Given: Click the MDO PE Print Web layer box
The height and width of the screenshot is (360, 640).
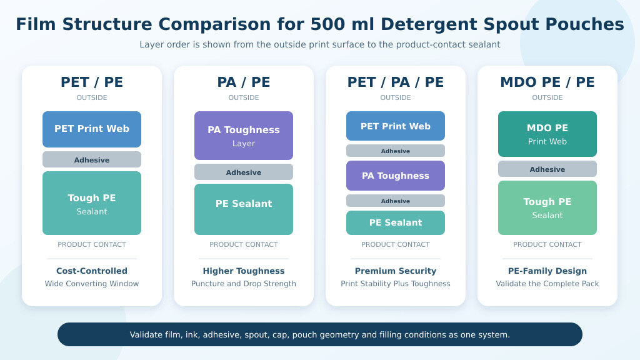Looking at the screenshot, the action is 547,134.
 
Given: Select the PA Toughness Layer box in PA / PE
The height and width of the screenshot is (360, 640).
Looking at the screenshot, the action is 244,136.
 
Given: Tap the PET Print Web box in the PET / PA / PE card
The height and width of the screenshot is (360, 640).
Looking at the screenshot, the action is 396,126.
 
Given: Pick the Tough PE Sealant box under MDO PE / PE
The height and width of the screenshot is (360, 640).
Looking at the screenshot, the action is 547,207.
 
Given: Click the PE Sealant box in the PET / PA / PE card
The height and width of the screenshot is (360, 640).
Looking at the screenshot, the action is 396,223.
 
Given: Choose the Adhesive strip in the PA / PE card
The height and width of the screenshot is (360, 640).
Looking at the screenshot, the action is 244,172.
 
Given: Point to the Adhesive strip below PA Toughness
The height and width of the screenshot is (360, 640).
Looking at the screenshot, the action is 396,201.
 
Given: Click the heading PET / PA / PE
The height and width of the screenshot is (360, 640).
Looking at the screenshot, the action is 396,82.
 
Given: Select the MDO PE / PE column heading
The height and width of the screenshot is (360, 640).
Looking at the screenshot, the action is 547,82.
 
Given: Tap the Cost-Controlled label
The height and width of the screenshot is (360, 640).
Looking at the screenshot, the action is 92,271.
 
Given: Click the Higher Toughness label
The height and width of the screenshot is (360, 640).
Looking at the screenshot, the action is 244,271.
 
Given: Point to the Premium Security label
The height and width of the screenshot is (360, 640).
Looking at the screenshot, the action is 396,271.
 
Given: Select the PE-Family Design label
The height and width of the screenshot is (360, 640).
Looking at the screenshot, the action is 547,271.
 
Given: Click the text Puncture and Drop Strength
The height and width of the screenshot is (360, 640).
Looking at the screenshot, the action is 244,284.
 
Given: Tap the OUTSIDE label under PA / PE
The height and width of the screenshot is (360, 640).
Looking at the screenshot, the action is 244,97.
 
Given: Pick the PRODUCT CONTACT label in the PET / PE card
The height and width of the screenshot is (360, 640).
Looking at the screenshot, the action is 92,244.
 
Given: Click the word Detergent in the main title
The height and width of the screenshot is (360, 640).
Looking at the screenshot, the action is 428,24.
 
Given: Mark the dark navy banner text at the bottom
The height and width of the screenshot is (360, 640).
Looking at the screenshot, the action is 320,335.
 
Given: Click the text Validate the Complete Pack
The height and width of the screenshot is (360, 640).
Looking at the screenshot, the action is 547,284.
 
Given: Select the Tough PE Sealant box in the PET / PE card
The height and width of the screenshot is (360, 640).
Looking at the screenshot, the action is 92,203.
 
